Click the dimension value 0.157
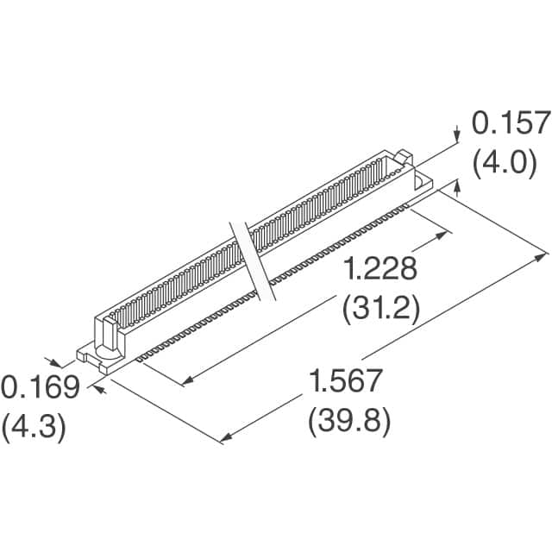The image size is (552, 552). click(x=510, y=124)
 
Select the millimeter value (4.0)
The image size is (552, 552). click(x=511, y=162)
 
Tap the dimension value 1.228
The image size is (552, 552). click(x=379, y=270)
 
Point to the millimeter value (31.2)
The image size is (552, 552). click(x=379, y=308)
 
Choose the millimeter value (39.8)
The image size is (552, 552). click(x=348, y=422)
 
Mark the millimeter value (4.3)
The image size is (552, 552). click(x=35, y=429)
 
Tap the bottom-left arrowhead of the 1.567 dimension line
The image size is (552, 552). click(x=225, y=440)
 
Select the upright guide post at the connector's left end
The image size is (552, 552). click(x=109, y=331)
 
